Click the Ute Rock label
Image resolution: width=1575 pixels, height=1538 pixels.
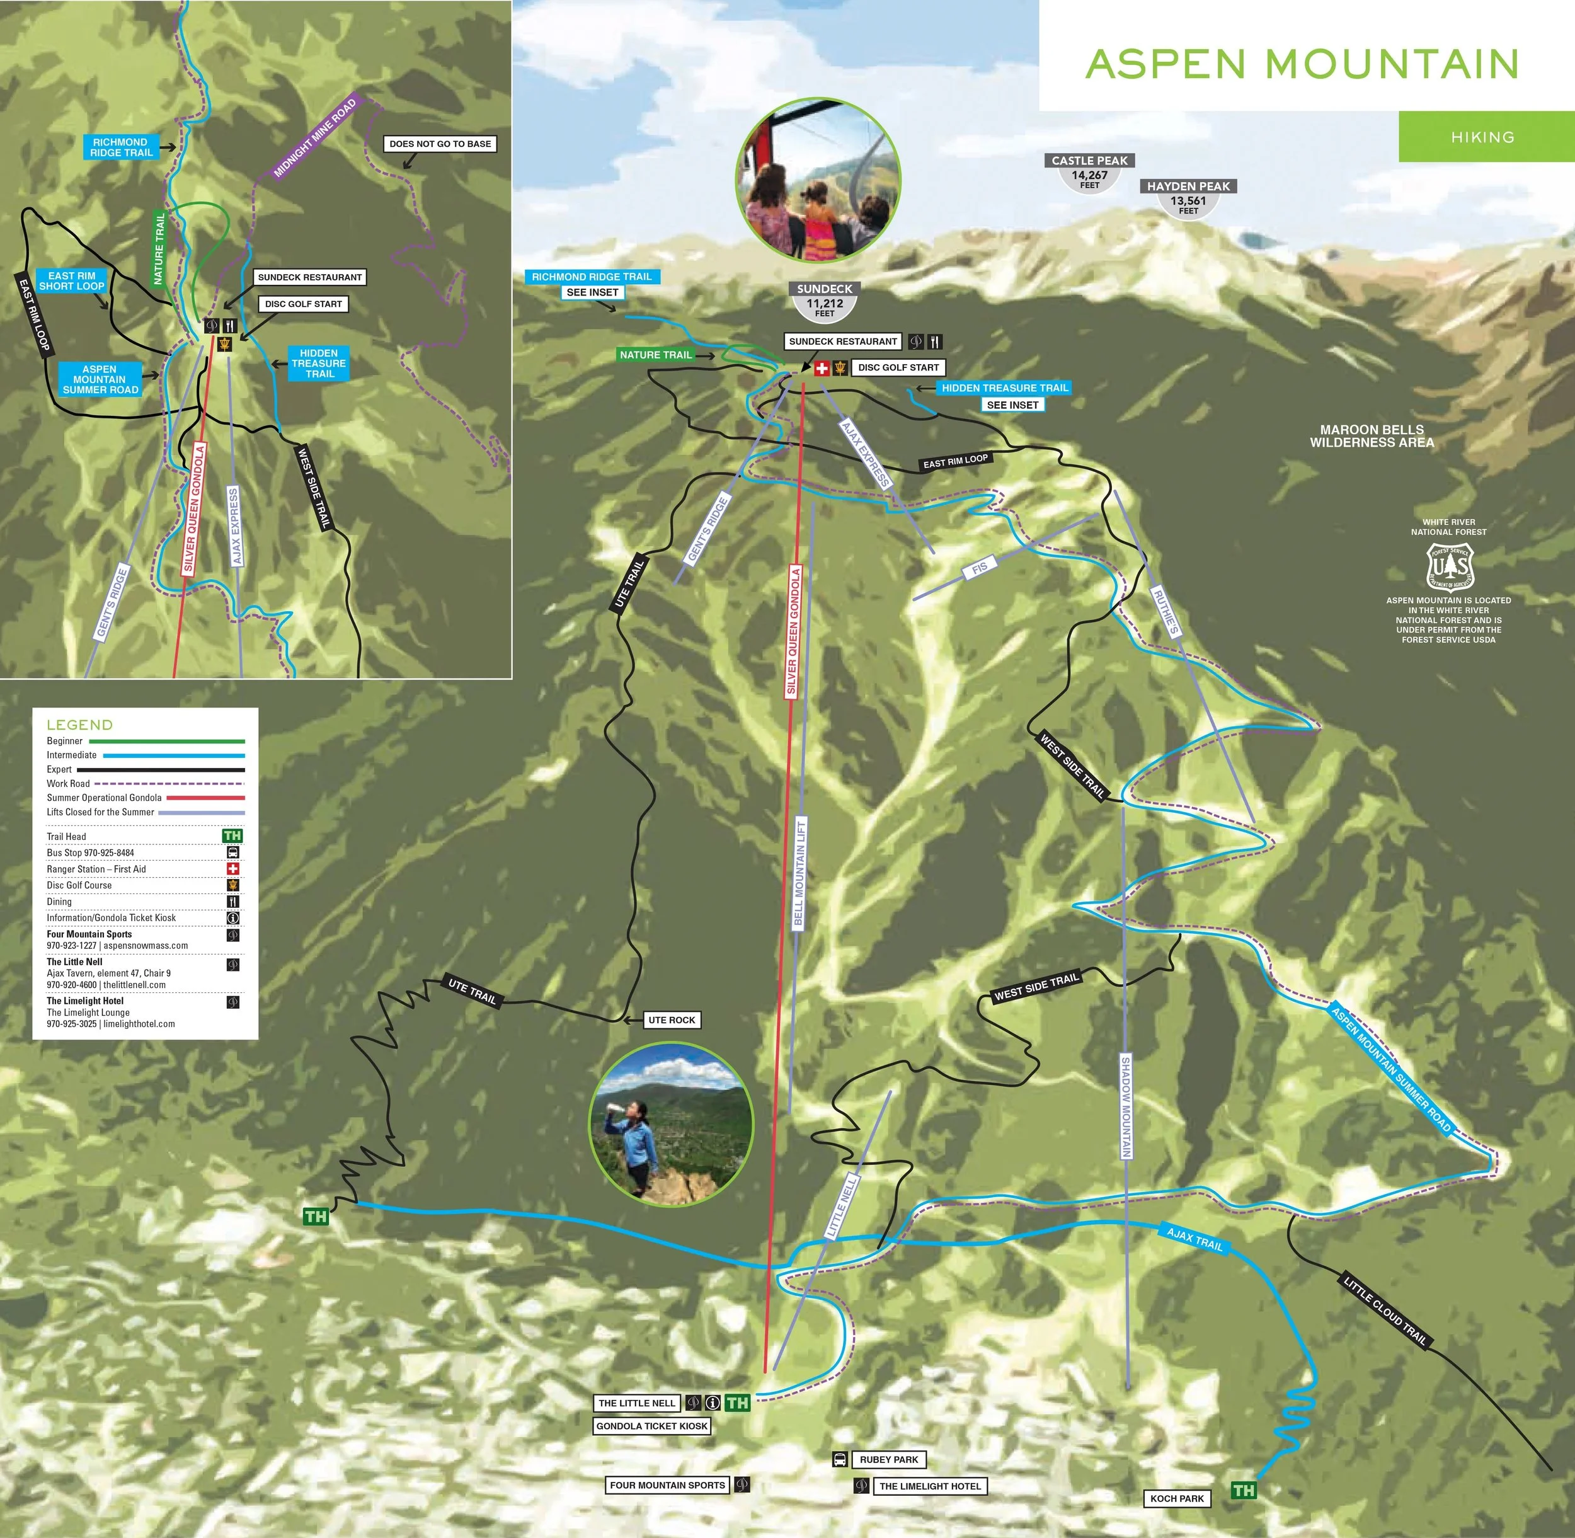pyautogui.click(x=671, y=1020)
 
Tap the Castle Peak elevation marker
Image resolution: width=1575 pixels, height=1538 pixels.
pyautogui.click(x=1089, y=172)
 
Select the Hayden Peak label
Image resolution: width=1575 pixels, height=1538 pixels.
pyautogui.click(x=1188, y=187)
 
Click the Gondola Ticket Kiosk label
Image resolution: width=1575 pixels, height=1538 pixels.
pyautogui.click(x=652, y=1426)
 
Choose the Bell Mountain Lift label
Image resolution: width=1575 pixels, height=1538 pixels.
pyautogui.click(x=799, y=873)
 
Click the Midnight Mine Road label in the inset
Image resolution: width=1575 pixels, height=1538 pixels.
pyautogui.click(x=315, y=139)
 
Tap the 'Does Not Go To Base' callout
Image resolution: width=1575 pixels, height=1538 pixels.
pyautogui.click(x=440, y=144)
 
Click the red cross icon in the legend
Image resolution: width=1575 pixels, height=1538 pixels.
pyautogui.click(x=232, y=868)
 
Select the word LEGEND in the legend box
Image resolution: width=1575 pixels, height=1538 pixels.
pyautogui.click(x=80, y=725)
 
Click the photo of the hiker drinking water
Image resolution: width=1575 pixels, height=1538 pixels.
pyautogui.click(x=671, y=1125)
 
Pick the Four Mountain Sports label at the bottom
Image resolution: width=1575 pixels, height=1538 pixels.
pyautogui.click(x=667, y=1484)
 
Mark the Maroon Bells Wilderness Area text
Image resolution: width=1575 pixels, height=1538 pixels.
pyautogui.click(x=1372, y=436)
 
